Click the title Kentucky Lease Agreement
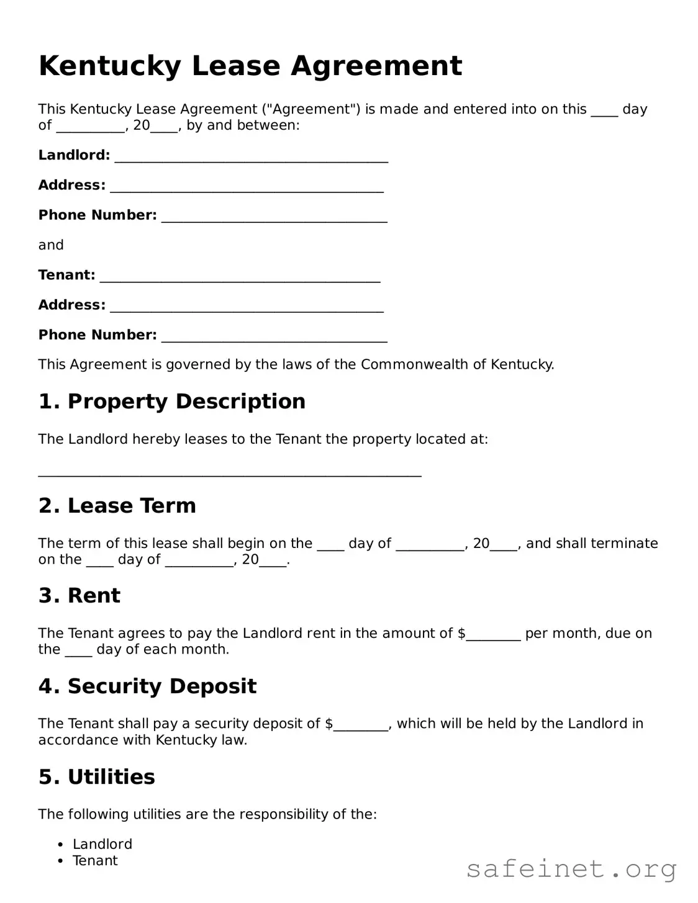pyautogui.click(x=250, y=66)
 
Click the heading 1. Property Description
pyautogui.click(x=172, y=402)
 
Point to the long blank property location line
pyautogui.click(x=230, y=474)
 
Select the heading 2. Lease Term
pyautogui.click(x=117, y=506)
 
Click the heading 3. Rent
pyautogui.click(x=79, y=596)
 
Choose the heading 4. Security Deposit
pyautogui.click(x=147, y=686)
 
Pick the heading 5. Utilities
pyautogui.click(x=97, y=777)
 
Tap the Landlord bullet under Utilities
pyautogui.click(x=102, y=844)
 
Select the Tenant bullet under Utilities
pyautogui.click(x=95, y=861)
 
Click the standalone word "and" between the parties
pyautogui.click(x=51, y=245)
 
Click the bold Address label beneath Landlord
pyautogui.click(x=72, y=185)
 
